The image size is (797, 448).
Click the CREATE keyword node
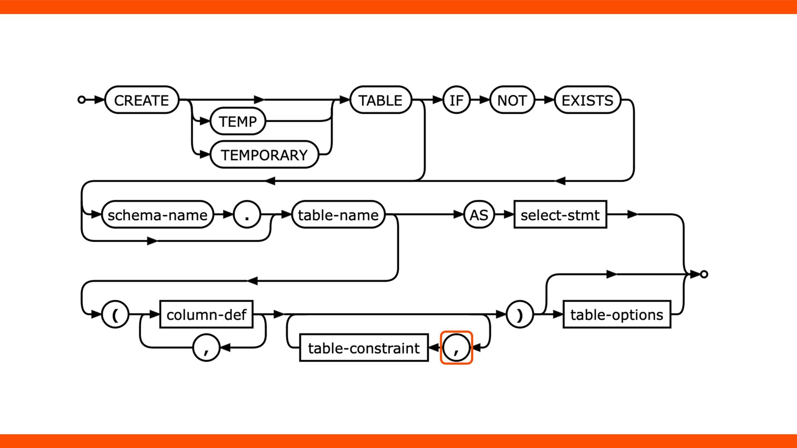[x=142, y=100]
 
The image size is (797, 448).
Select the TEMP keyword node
[x=238, y=121]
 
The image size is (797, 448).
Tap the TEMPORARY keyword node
[x=264, y=155]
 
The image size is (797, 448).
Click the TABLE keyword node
[x=380, y=100]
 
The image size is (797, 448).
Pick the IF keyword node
[x=456, y=100]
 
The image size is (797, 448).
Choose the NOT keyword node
[x=512, y=100]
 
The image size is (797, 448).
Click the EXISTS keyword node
[x=587, y=100]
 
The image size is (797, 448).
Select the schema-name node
[x=157, y=215]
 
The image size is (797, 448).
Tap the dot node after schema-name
[x=247, y=215]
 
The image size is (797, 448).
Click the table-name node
[x=338, y=215]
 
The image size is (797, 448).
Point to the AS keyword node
[x=479, y=215]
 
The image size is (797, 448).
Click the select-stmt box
[x=560, y=215]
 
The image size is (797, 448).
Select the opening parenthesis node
[x=115, y=314]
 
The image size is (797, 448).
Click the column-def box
[x=206, y=314]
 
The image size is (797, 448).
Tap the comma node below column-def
[x=206, y=348]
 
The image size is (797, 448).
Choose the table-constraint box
[x=364, y=348]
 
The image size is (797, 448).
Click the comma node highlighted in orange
[x=456, y=348]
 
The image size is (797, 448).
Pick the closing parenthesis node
[x=519, y=314]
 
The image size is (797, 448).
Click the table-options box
[x=616, y=314]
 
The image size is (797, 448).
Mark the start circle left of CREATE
[x=82, y=100]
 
